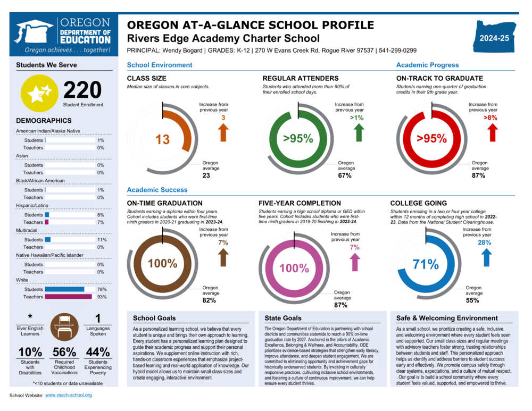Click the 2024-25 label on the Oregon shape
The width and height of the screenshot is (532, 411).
pyautogui.click(x=494, y=38)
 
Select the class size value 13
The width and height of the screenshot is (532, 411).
pyautogui.click(x=162, y=140)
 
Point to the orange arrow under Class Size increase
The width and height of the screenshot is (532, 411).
pyautogui.click(x=223, y=132)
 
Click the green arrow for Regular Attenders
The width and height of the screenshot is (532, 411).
pyautogui.click(x=359, y=132)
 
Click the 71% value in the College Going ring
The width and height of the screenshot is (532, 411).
pyautogui.click(x=426, y=264)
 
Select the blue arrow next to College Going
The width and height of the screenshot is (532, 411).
pyautogui.click(x=486, y=257)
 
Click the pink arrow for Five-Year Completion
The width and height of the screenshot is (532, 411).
pyautogui.click(x=355, y=262)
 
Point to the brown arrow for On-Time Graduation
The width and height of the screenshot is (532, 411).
pyautogui.click(x=223, y=257)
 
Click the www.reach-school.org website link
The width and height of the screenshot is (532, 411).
pyautogui.click(x=69, y=395)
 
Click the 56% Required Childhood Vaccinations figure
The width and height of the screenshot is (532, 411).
pyautogui.click(x=64, y=352)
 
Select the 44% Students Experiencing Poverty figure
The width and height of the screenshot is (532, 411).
pyautogui.click(x=98, y=352)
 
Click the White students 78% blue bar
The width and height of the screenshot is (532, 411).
pyautogui.click(x=64, y=289)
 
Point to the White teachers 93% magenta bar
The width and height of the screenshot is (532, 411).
pyautogui.click(x=68, y=297)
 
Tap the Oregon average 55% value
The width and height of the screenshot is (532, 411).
pyautogui.click(x=472, y=300)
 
